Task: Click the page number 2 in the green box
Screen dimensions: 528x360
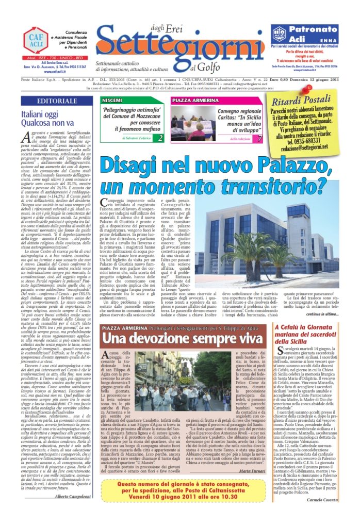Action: pos(160,138)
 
